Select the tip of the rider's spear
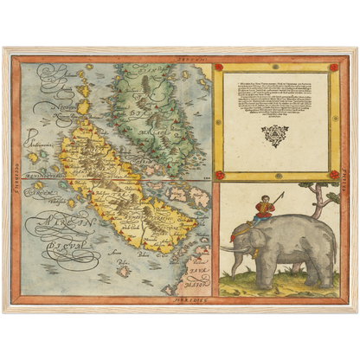[x=282, y=194]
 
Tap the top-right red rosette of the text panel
[x=334, y=67]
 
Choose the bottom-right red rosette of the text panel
[x=334, y=174]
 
